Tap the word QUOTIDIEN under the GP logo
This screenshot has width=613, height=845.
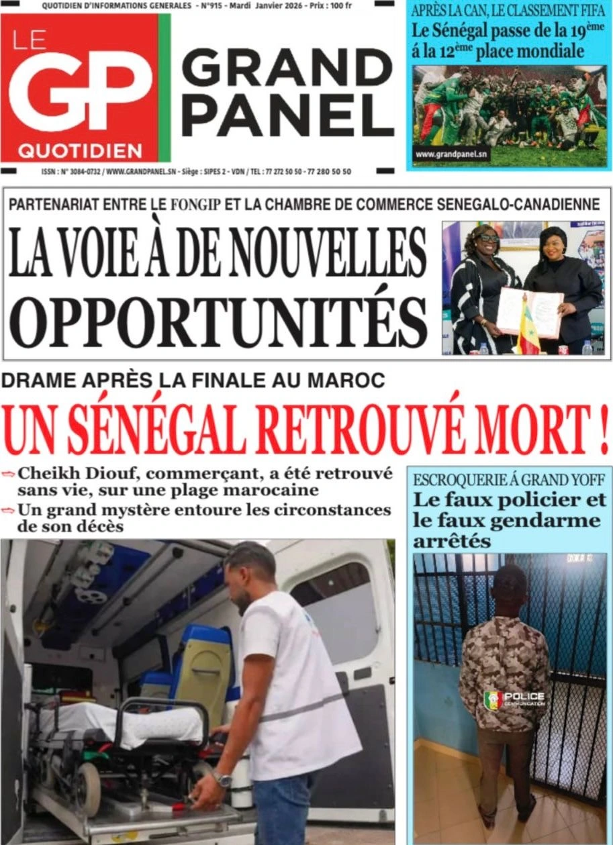80,150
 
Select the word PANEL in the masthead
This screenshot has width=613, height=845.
287,115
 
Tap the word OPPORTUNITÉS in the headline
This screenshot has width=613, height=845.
219,323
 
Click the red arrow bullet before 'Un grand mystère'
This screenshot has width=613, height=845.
8,510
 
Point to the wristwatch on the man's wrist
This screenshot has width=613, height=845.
222,779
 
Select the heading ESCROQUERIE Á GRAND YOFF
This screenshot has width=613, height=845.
510,480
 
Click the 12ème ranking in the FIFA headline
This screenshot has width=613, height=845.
467,50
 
